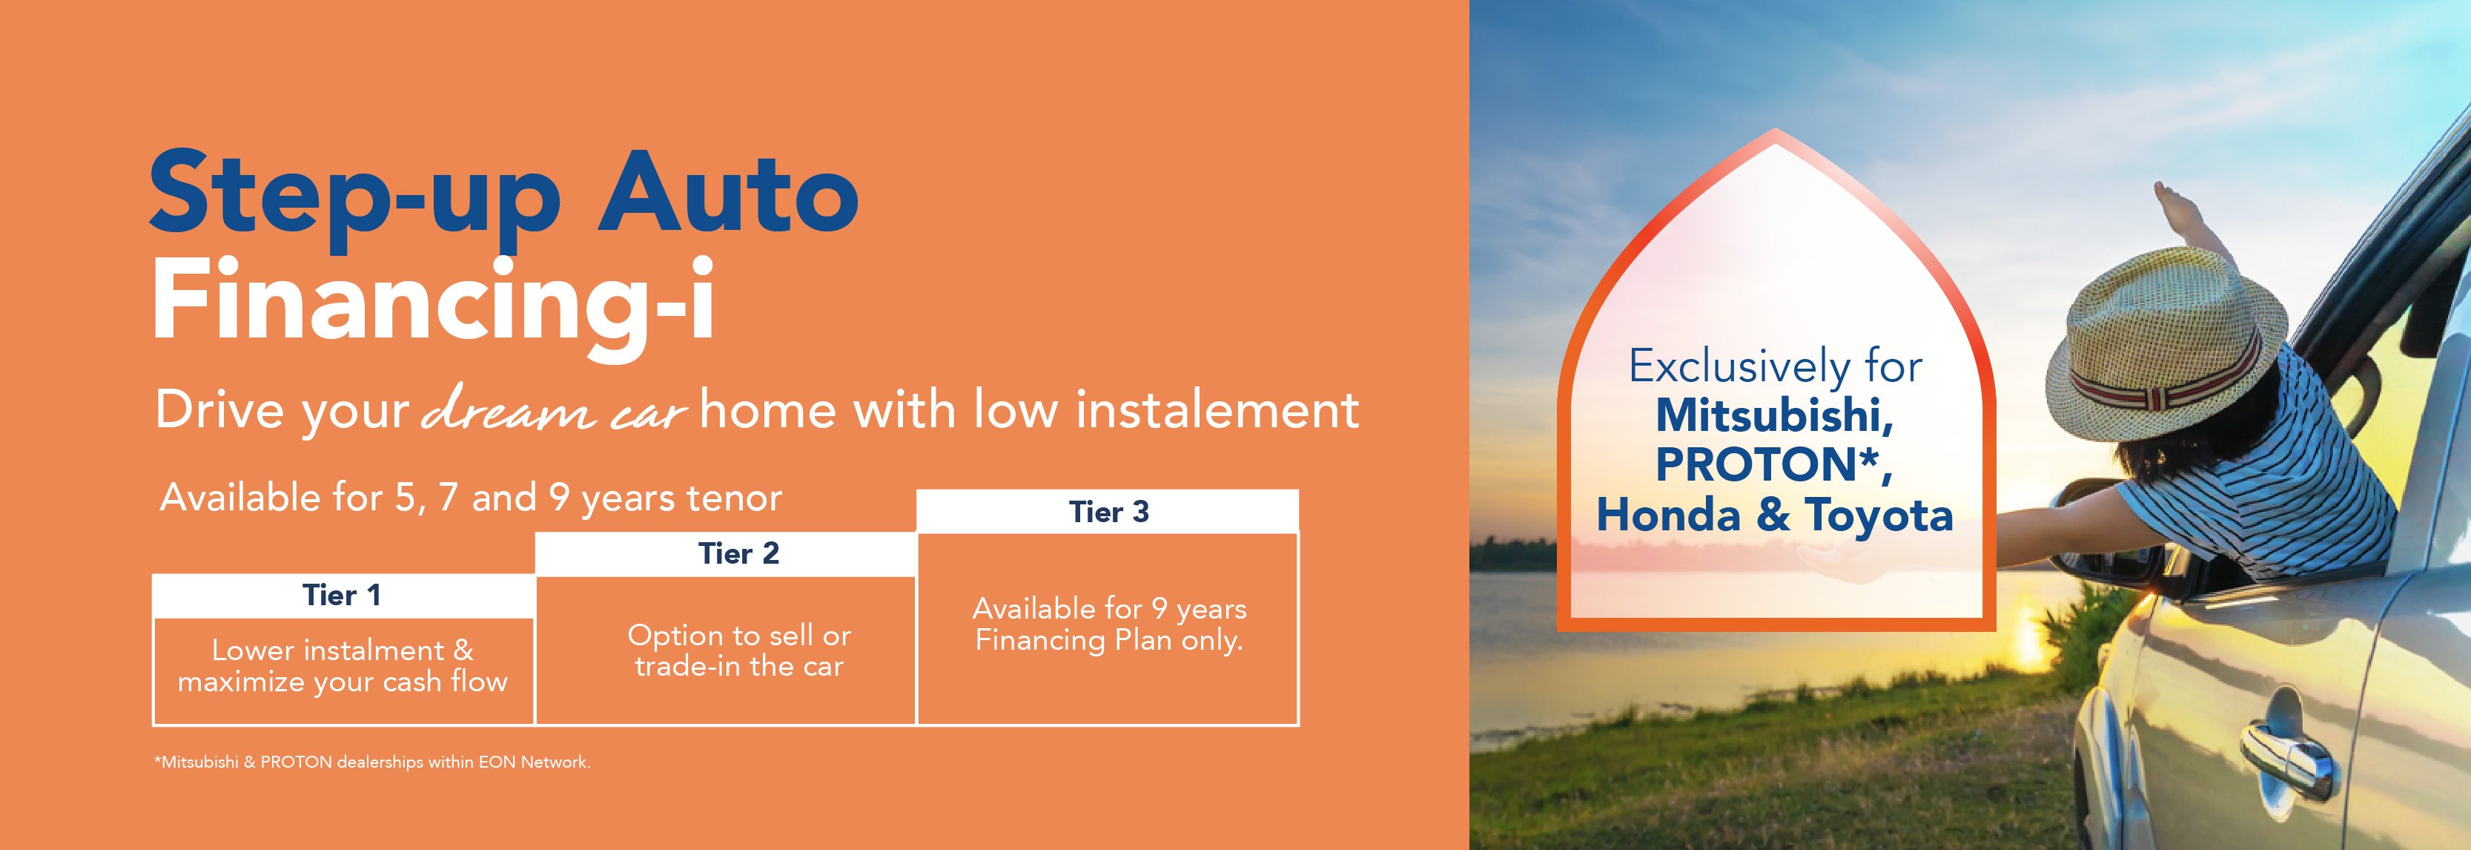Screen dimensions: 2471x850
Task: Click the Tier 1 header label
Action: tap(343, 596)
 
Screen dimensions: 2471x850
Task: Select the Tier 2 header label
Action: tap(738, 553)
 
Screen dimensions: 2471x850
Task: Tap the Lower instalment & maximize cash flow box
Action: tap(343, 671)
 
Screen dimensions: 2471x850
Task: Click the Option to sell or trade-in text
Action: tap(738, 650)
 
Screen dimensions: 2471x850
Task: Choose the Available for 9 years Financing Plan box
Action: tap(1109, 628)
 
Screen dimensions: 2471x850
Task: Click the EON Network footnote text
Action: tap(372, 762)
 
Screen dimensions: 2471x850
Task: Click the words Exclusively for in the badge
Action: tap(1776, 366)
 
